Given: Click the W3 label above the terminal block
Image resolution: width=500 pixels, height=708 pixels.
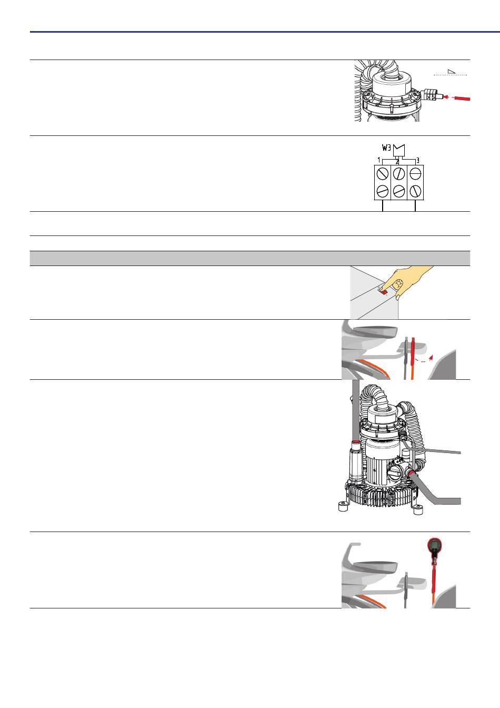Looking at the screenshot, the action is tap(386, 147).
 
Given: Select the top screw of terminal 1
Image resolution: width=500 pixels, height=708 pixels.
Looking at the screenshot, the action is tap(383, 173).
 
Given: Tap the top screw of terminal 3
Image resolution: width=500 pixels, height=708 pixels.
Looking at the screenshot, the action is tap(415, 173).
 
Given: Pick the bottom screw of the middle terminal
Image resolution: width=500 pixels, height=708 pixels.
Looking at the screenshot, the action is tap(398, 191).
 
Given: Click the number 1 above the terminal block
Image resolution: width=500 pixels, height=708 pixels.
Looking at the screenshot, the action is tap(379, 160).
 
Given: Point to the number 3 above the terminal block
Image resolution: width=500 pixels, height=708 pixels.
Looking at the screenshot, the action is tap(417, 160).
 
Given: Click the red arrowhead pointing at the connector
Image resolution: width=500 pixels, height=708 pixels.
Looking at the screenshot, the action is tap(446, 97).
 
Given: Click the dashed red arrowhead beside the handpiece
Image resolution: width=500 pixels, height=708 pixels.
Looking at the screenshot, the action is tap(431, 357).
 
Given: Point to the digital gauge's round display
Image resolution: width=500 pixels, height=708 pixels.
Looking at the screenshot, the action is tap(434, 545).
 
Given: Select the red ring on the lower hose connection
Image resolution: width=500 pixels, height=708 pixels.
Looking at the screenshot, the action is tap(411, 473).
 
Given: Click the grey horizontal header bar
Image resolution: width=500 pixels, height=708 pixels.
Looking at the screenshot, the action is tap(250, 258).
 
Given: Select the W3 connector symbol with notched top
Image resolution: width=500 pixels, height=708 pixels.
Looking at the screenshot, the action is tap(398, 150).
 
